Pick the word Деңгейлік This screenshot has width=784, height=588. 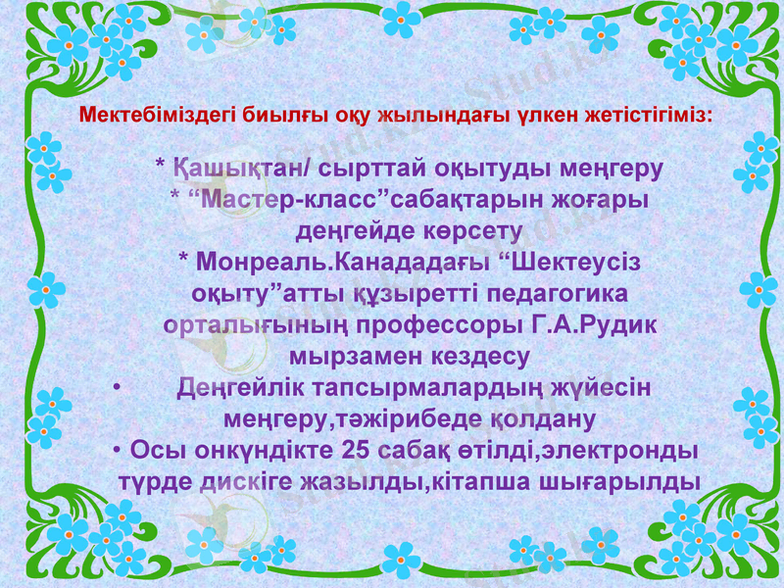[246, 387]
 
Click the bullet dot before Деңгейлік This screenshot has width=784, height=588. [117, 387]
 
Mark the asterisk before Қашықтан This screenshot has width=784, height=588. [161, 166]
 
